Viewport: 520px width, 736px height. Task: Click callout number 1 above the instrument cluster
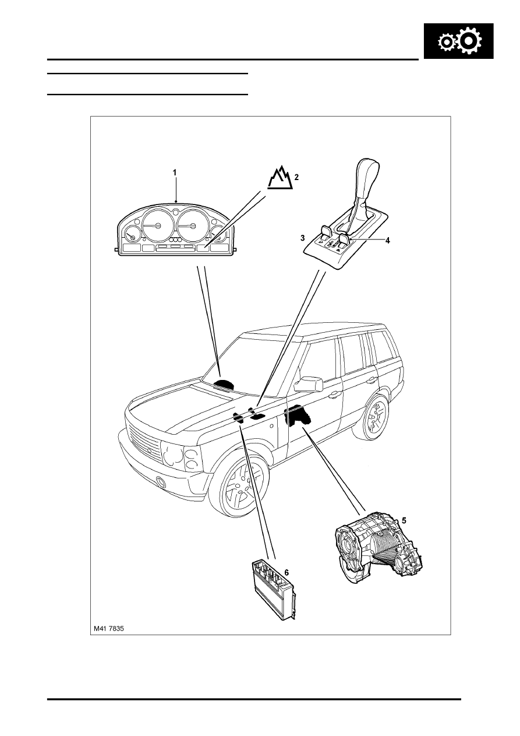pyautogui.click(x=175, y=172)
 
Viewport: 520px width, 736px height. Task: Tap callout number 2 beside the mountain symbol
pyautogui.click(x=296, y=177)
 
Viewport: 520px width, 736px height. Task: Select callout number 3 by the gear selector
pyautogui.click(x=303, y=238)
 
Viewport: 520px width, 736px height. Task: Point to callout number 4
pyautogui.click(x=387, y=240)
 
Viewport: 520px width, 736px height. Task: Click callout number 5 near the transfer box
pyautogui.click(x=404, y=520)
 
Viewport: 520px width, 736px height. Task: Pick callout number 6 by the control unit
pyautogui.click(x=286, y=572)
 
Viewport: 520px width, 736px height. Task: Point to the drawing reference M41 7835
pyautogui.click(x=109, y=629)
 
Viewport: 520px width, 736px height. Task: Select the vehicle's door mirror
pyautogui.click(x=308, y=384)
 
